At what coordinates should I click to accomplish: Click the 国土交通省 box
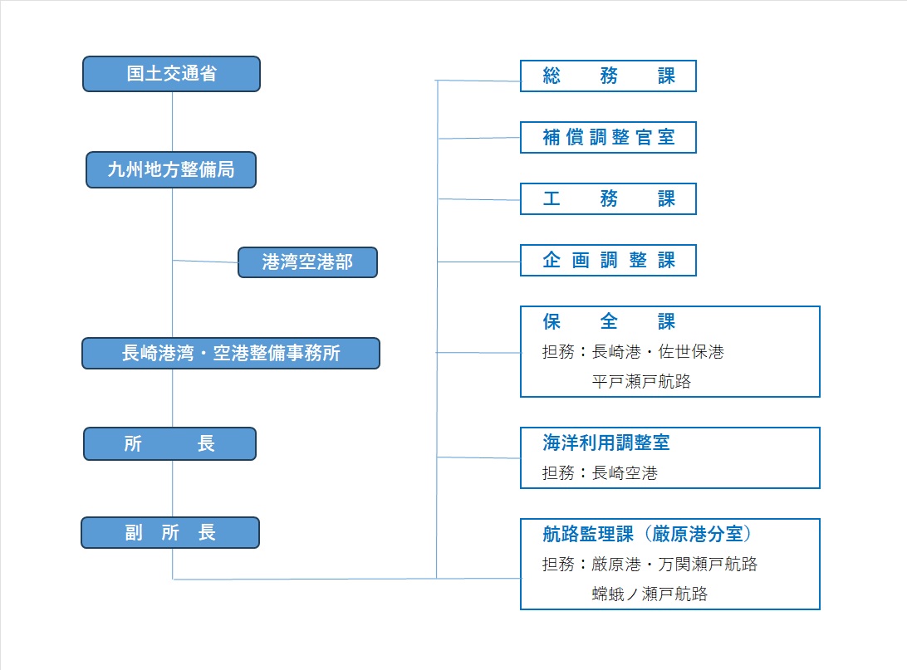[x=171, y=74]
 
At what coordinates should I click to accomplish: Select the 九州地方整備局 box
[x=171, y=170]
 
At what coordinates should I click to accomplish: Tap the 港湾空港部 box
[x=307, y=262]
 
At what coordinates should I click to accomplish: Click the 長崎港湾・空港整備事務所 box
[x=231, y=353]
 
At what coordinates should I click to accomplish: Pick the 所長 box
[x=170, y=444]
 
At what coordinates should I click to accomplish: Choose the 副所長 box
[x=170, y=532]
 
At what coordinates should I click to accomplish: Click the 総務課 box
[x=609, y=76]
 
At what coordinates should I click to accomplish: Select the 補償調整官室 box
[x=609, y=137]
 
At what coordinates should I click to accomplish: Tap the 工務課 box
[x=609, y=199]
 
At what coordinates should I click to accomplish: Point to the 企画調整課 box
[x=609, y=260]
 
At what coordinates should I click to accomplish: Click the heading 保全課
[x=609, y=321]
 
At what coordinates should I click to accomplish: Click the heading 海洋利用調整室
[x=605, y=443]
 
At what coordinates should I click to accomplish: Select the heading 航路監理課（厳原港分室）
[x=647, y=534]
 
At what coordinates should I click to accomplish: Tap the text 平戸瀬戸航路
[x=641, y=382]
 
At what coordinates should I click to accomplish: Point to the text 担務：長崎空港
[x=600, y=473]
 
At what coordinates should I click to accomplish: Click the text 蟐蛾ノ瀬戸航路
[x=650, y=594]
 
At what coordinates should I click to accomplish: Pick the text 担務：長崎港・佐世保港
[x=633, y=351]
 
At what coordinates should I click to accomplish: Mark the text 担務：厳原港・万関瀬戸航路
[x=650, y=564]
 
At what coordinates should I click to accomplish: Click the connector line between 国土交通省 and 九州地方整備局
[x=173, y=122]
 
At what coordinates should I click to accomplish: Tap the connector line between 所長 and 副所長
[x=173, y=488]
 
